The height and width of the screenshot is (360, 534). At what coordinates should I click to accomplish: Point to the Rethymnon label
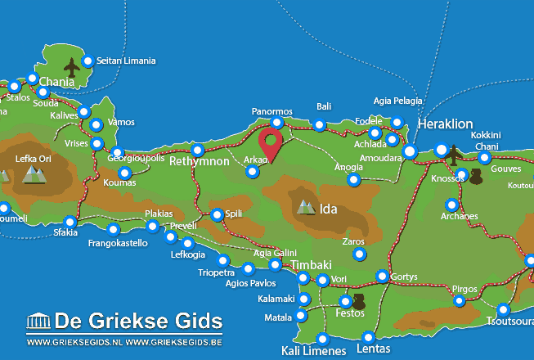(x=199, y=162)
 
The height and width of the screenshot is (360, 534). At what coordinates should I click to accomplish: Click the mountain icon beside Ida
(x=307, y=208)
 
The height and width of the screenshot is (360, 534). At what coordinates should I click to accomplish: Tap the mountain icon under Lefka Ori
(x=34, y=173)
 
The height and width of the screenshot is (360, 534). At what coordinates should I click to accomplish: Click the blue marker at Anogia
(x=354, y=179)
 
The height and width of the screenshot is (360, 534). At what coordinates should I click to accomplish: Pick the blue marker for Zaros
(x=359, y=254)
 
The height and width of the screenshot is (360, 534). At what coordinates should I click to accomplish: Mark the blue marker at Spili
(x=217, y=215)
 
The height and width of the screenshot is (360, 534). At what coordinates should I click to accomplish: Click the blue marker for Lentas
(x=369, y=336)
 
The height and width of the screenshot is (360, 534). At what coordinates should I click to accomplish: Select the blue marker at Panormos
(x=277, y=123)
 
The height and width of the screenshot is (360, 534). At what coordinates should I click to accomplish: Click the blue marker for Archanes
(x=451, y=205)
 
